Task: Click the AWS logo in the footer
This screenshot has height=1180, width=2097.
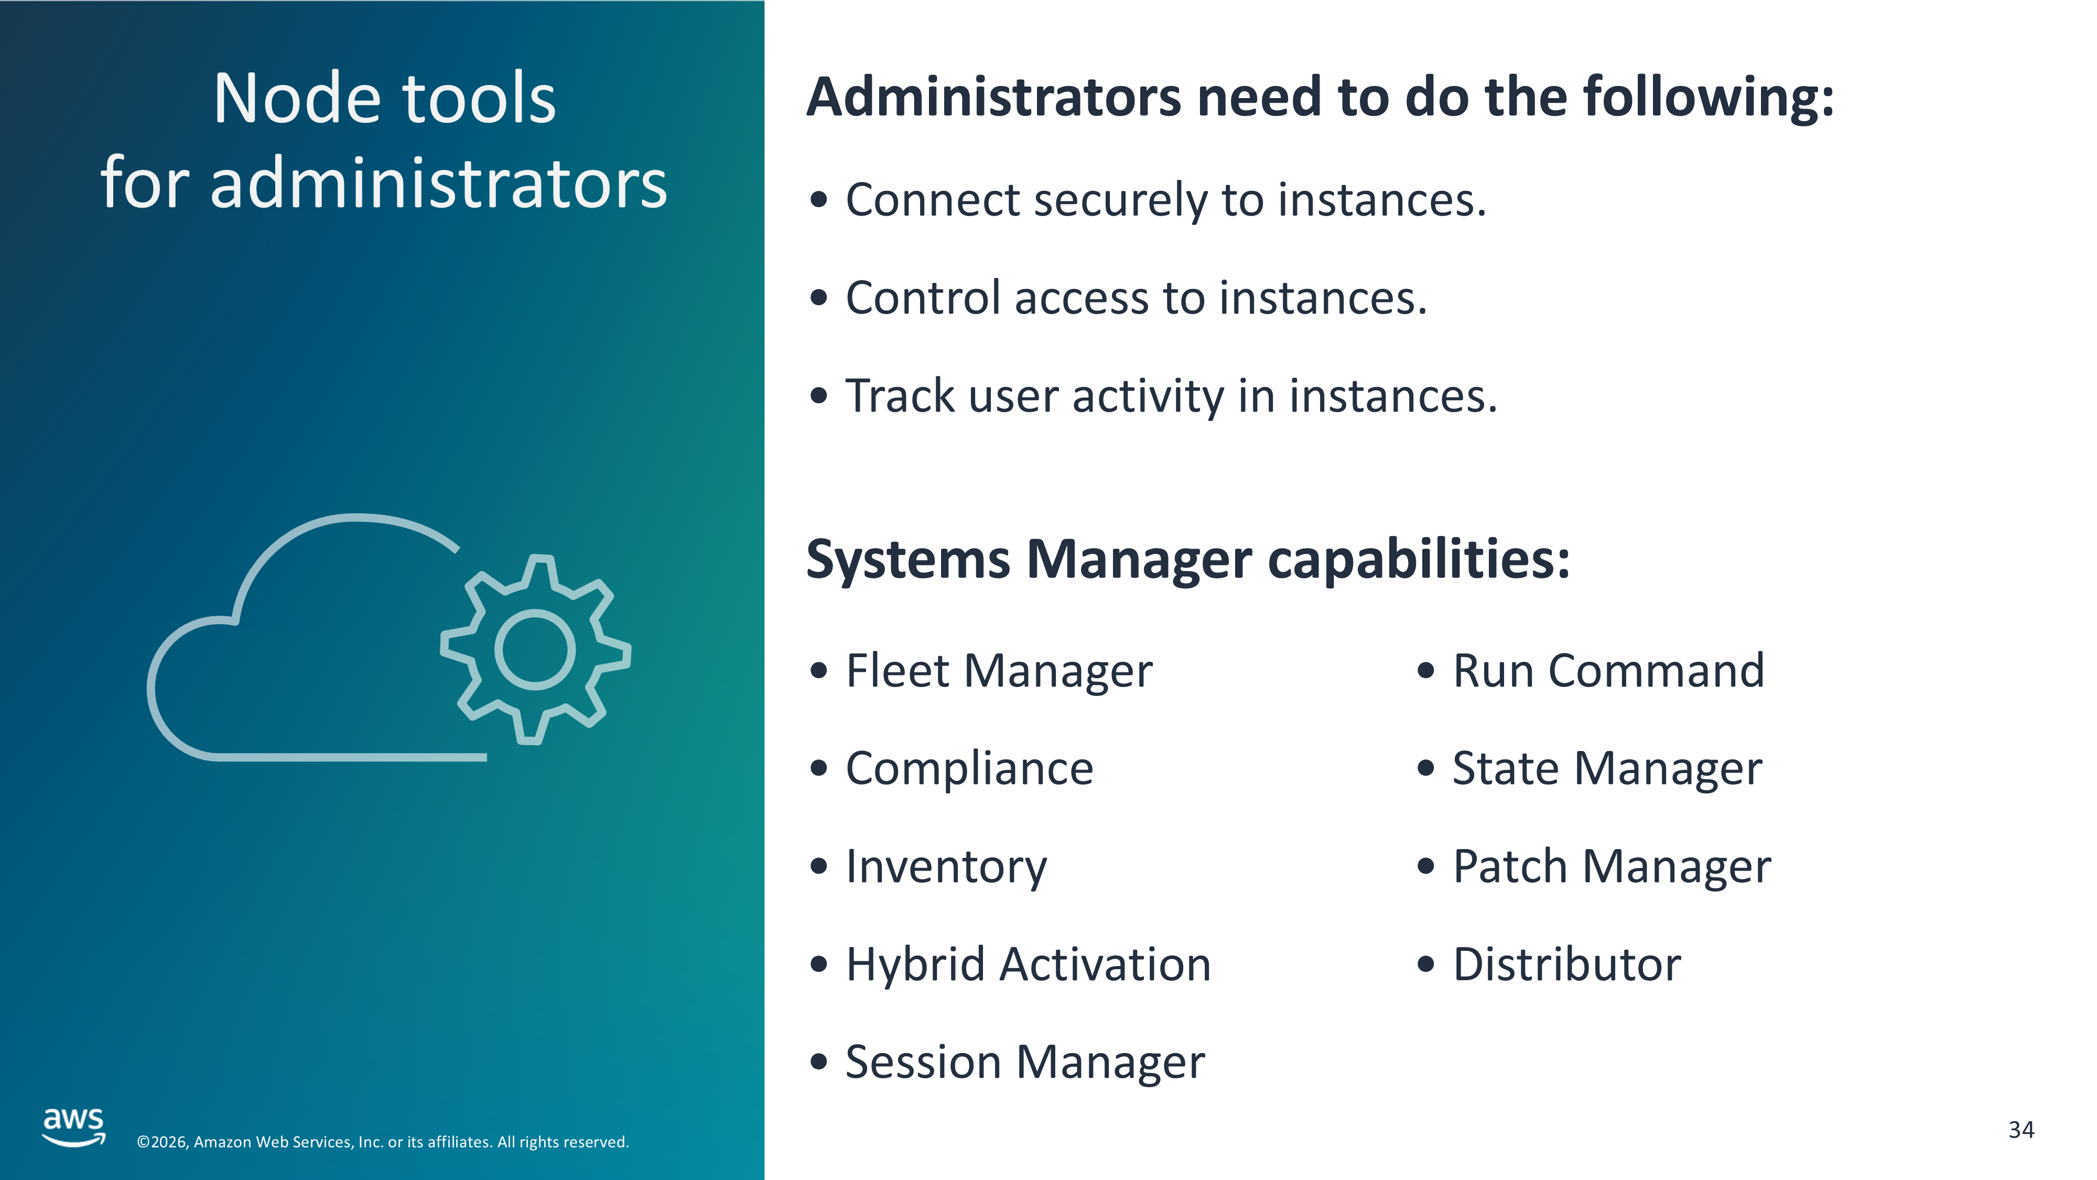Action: pos(74,1127)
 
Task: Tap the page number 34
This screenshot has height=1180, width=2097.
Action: pos(2022,1130)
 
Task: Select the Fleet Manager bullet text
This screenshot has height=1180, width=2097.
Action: pos(999,671)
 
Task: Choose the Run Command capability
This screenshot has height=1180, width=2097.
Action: pos(1608,671)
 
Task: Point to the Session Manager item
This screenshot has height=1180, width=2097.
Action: pos(1025,1063)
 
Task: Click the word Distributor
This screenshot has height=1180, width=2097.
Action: pos(1567,964)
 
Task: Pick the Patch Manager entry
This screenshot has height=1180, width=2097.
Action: pos(1612,866)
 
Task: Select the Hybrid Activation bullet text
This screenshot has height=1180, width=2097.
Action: pos(1028,965)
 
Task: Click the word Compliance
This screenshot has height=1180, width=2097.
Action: pos(969,769)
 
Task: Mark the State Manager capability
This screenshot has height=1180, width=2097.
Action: pos(1608,769)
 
